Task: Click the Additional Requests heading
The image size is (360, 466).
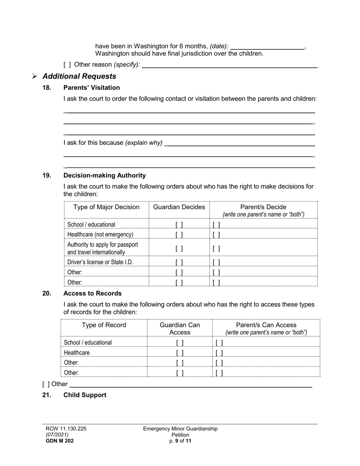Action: (x=79, y=76)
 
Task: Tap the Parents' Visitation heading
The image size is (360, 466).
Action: (x=91, y=88)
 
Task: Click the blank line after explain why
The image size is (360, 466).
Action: (x=240, y=143)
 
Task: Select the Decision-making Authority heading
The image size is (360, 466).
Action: (x=104, y=175)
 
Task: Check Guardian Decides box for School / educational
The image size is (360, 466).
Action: (x=179, y=225)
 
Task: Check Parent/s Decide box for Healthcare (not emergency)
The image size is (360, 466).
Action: (x=216, y=235)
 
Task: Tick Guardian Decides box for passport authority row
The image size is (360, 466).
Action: (x=179, y=249)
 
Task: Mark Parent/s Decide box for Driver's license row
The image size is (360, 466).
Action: (x=216, y=262)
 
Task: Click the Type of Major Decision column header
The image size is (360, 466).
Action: (x=106, y=207)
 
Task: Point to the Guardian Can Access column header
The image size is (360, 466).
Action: (x=180, y=328)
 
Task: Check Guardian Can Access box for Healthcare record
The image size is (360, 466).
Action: (x=180, y=353)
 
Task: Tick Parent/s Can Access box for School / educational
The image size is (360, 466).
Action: (x=219, y=343)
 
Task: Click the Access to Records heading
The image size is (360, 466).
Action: (x=92, y=293)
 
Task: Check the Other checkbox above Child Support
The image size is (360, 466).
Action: (x=46, y=384)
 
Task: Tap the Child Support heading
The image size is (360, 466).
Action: (x=85, y=395)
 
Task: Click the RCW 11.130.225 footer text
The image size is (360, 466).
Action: (x=66, y=428)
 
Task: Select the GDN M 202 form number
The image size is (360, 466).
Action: (x=59, y=441)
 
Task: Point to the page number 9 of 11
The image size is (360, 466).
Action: (x=180, y=441)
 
